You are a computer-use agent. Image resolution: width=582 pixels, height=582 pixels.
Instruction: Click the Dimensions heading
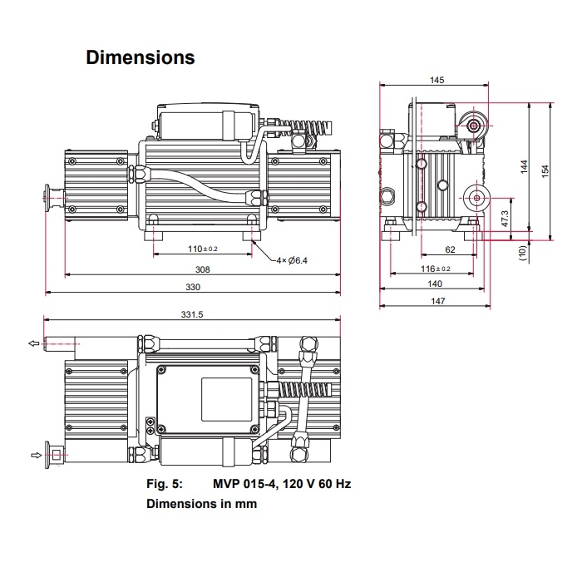tap(141, 58)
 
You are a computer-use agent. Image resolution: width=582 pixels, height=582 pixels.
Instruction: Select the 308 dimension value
tap(202, 269)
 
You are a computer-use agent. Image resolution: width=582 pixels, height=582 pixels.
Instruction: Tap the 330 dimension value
tap(193, 287)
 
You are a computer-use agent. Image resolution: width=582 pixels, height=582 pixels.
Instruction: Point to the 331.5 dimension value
tap(192, 314)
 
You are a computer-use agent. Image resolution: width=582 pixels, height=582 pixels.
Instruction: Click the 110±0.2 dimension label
tap(202, 249)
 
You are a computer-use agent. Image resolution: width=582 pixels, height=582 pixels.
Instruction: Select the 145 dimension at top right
tap(437, 80)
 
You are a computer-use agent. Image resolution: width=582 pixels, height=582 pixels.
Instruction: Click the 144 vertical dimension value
tap(524, 166)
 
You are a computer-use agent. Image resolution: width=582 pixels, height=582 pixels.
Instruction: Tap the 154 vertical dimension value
tap(546, 170)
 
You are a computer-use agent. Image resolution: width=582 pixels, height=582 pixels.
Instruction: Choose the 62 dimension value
tap(450, 249)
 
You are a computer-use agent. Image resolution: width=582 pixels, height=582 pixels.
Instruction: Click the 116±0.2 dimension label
tap(435, 269)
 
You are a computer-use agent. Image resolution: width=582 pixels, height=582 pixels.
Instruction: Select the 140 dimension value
tap(435, 284)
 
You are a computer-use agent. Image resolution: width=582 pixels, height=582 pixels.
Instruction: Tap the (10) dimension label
tap(523, 252)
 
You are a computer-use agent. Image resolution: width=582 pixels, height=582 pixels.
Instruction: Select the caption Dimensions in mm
tap(201, 504)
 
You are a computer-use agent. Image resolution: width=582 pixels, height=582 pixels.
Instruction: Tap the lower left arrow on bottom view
tap(35, 455)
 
